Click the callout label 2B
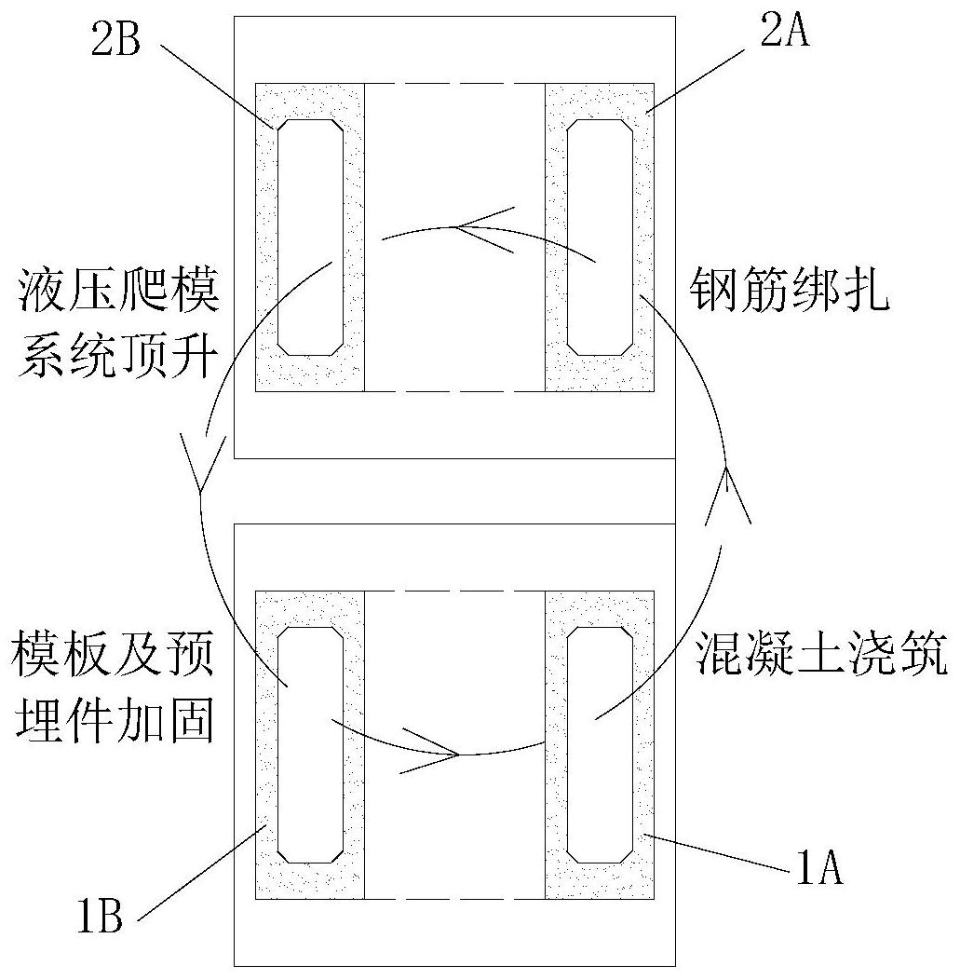(x=115, y=43)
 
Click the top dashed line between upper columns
(x=454, y=85)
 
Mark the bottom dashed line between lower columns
(x=454, y=899)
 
